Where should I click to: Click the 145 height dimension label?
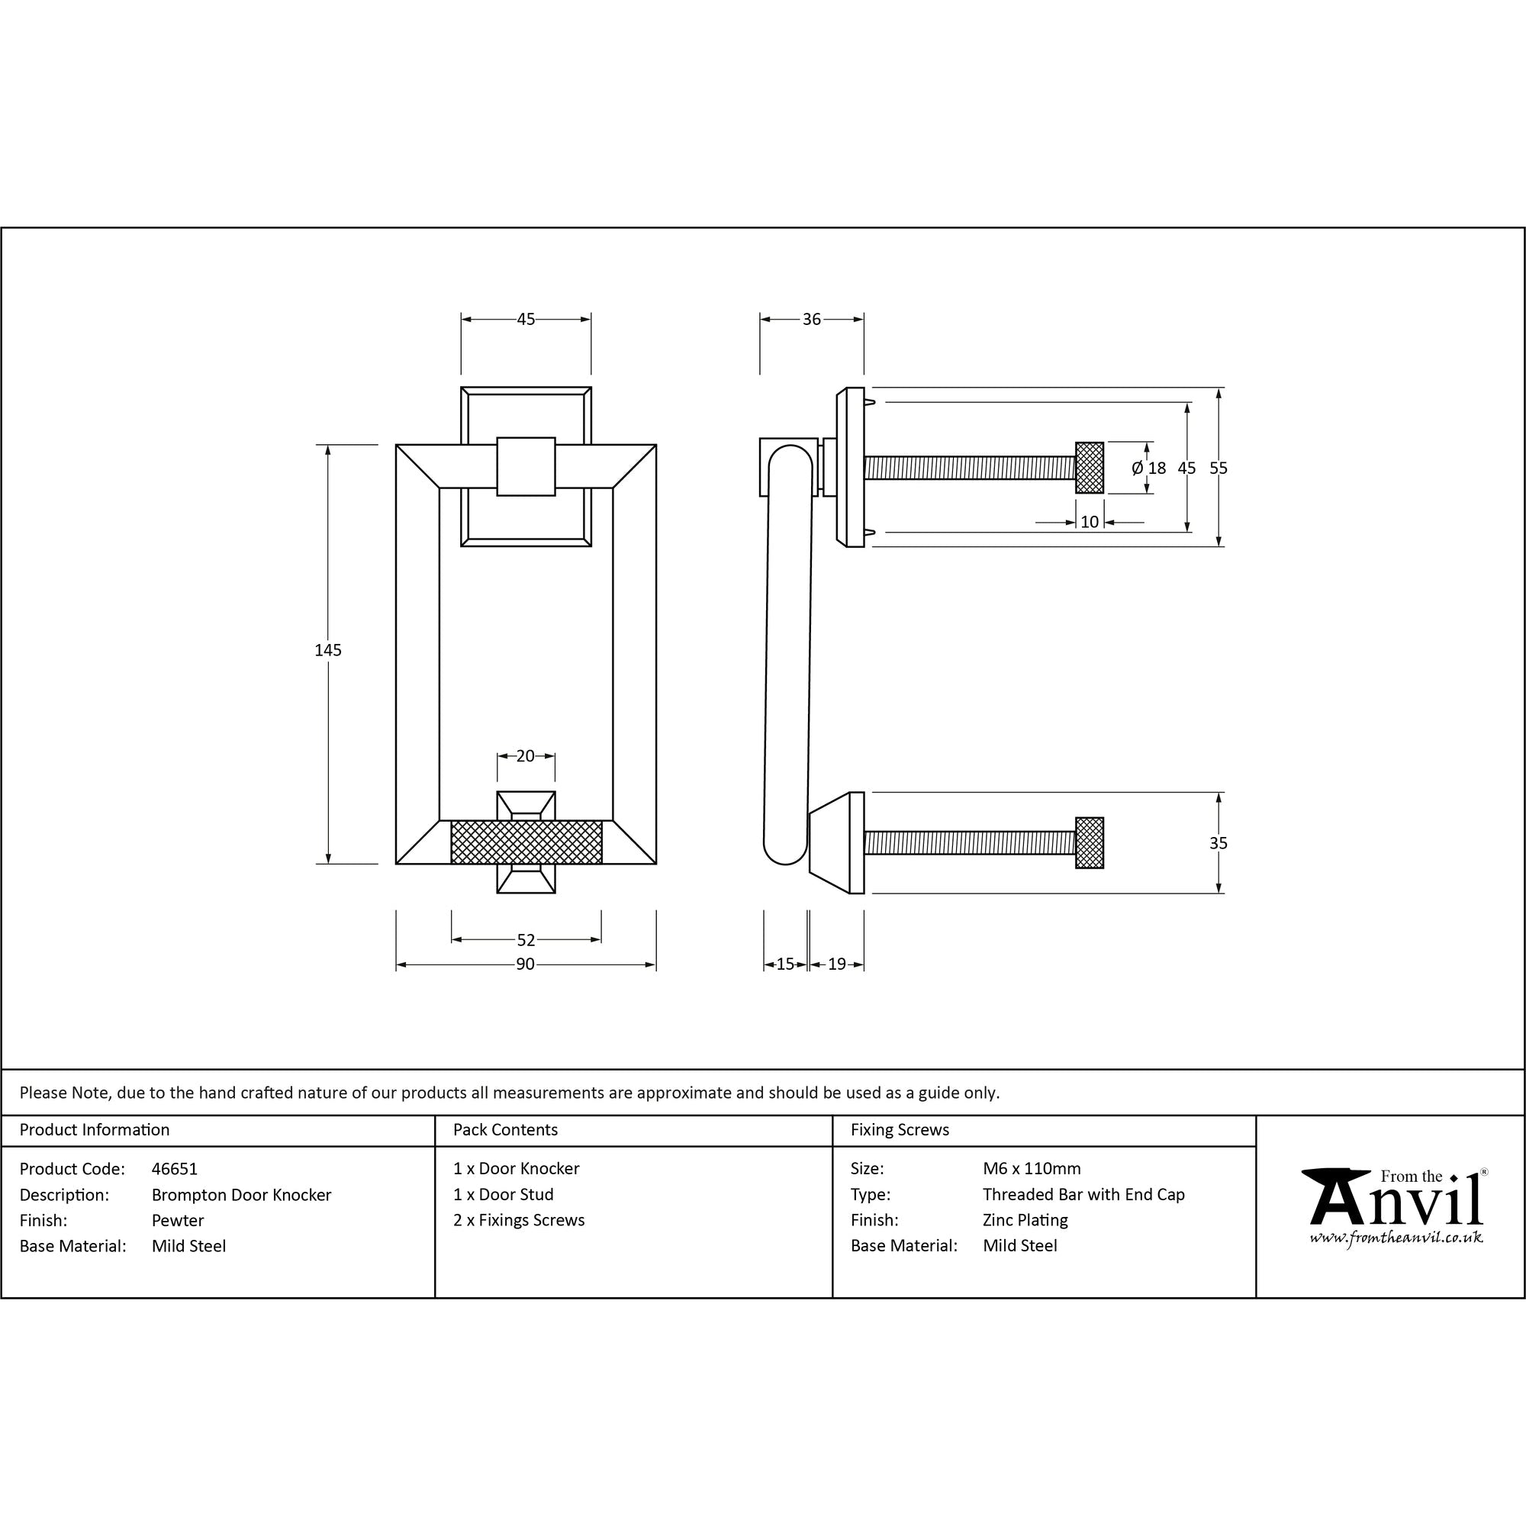(328, 650)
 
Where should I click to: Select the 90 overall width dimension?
(525, 964)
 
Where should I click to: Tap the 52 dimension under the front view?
(526, 940)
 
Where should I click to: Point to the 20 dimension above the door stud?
(525, 756)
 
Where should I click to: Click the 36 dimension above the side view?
(811, 319)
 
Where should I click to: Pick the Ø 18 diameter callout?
(1148, 468)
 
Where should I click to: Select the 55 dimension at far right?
(1218, 468)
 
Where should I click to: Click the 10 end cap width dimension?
(1090, 522)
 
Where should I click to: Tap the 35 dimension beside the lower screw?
(1218, 843)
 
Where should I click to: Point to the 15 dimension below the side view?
(785, 964)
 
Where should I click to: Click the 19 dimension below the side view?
(837, 964)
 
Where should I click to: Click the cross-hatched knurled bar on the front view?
(526, 842)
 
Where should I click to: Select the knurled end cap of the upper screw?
(1090, 468)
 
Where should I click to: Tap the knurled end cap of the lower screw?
(1090, 843)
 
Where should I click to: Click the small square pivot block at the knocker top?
(526, 466)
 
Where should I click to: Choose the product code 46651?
(175, 1168)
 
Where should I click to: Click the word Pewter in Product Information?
(178, 1220)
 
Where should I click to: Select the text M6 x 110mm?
(1032, 1168)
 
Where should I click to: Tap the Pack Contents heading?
(506, 1129)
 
